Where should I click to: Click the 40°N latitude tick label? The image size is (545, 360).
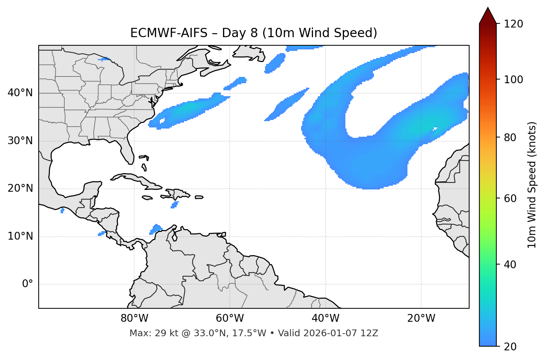point(20,93)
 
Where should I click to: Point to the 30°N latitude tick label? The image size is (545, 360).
point(20,141)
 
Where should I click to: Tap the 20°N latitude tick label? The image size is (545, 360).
point(20,188)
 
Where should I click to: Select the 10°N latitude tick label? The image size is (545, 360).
point(20,236)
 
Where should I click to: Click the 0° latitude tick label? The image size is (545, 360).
point(28,284)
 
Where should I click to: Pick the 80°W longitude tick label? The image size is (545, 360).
point(134,318)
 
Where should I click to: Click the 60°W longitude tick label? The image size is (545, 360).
point(230,318)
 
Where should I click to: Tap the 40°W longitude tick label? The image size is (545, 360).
point(325,318)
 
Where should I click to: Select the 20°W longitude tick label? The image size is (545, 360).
point(421,318)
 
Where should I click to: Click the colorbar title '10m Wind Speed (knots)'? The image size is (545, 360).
point(532,185)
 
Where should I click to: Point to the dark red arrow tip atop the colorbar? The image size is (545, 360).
point(488,15)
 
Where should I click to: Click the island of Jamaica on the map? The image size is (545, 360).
point(147,198)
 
